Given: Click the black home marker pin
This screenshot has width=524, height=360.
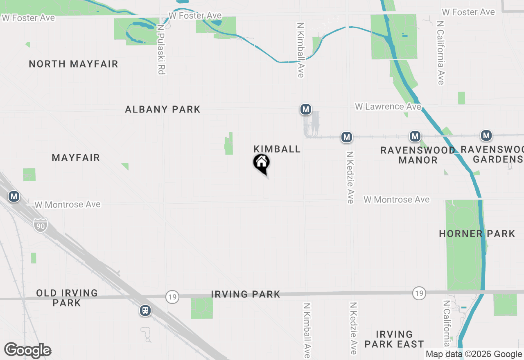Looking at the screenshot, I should [x=261, y=163].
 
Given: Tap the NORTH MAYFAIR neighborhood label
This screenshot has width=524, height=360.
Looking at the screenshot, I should [x=74, y=64].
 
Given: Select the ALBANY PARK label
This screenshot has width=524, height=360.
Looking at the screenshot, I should [x=163, y=109].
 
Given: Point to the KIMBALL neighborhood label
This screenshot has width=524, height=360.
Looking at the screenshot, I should [x=277, y=149].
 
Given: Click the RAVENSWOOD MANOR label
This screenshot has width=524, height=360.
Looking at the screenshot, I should [x=418, y=155].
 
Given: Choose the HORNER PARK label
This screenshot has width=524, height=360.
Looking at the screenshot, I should [x=477, y=234].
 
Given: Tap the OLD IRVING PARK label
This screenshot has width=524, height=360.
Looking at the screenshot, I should [x=67, y=298].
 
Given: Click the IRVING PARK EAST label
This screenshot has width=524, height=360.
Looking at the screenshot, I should [x=394, y=339].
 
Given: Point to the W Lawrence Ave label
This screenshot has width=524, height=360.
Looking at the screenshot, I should [x=388, y=106].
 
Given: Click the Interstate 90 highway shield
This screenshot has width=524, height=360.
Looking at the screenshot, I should [x=41, y=225].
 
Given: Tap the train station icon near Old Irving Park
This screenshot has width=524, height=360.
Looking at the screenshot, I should [x=145, y=310].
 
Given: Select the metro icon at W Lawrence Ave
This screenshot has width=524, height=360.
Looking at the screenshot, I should [x=305, y=109].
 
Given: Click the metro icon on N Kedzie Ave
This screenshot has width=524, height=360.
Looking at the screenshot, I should [x=347, y=137].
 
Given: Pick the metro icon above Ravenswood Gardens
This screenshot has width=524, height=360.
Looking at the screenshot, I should [x=486, y=135].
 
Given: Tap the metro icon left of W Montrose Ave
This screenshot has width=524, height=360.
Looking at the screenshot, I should [x=14, y=196].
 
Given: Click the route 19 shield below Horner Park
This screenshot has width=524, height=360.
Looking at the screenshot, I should [x=418, y=293].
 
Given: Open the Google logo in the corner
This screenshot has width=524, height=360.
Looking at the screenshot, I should [x=27, y=351].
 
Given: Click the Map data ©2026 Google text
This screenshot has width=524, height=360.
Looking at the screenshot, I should [x=474, y=354].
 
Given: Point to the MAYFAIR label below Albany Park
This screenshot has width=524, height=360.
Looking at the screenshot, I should [x=76, y=157].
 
